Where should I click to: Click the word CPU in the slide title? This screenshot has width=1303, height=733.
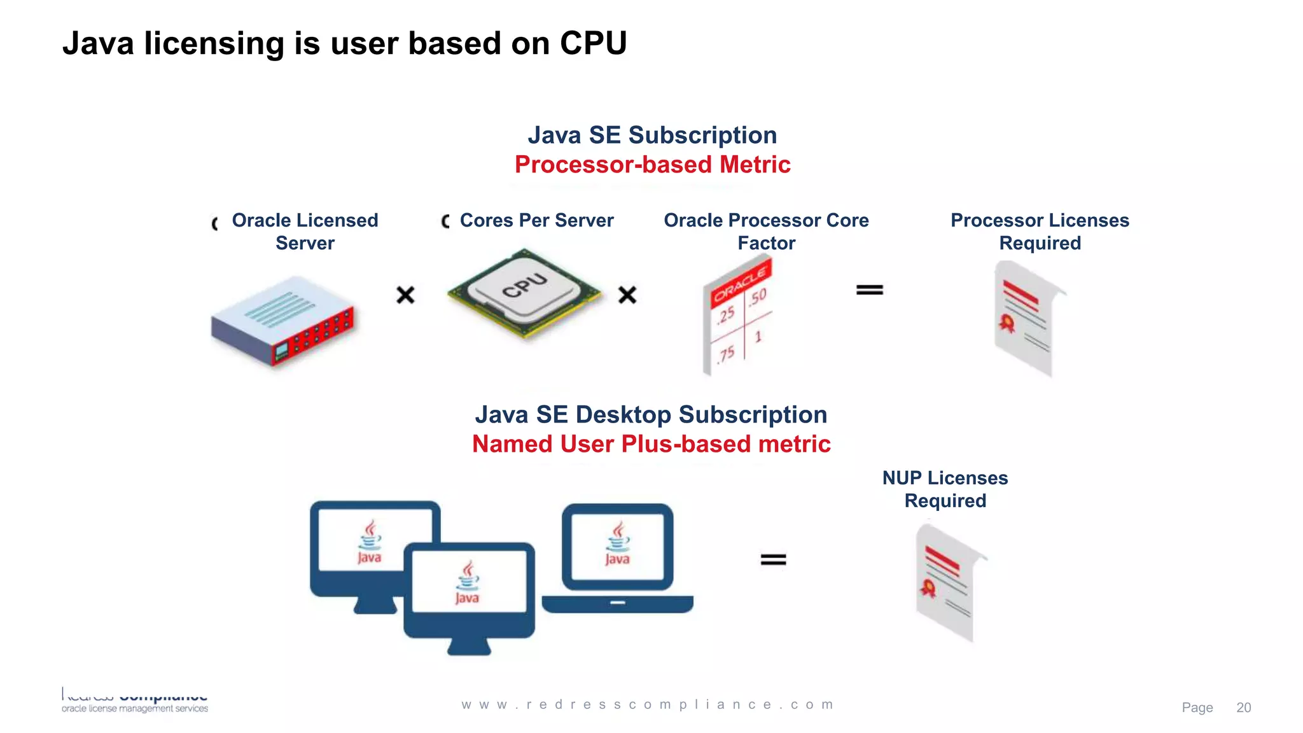[593, 43]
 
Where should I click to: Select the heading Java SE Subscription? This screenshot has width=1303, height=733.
[652, 135]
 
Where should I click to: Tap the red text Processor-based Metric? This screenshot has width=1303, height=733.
[652, 165]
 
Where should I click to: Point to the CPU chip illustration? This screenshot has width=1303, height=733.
[524, 293]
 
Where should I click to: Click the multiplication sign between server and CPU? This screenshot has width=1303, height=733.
[405, 295]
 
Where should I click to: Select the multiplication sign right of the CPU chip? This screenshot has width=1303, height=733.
[627, 295]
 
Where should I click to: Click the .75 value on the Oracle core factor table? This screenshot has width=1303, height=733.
[726, 354]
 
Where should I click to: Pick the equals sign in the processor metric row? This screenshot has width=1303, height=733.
[869, 290]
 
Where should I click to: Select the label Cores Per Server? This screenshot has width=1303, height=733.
[536, 220]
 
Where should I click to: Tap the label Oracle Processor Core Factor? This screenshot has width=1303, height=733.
[766, 232]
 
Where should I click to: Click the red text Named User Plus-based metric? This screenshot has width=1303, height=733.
[651, 444]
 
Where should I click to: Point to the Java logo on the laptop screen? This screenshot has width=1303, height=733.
[617, 545]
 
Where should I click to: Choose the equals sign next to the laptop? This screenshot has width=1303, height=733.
[773, 559]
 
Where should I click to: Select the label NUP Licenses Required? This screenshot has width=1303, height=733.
[945, 489]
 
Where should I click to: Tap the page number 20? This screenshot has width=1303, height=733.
[1243, 708]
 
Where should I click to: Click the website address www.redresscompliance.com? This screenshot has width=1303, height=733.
[648, 704]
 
